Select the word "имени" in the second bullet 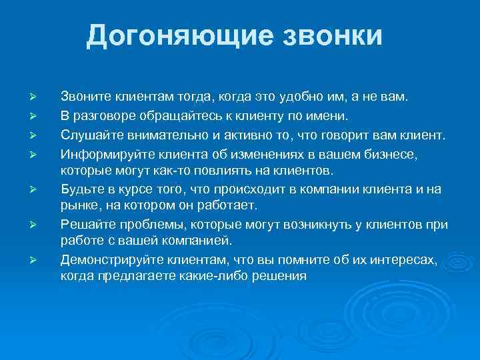click(329, 117)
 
